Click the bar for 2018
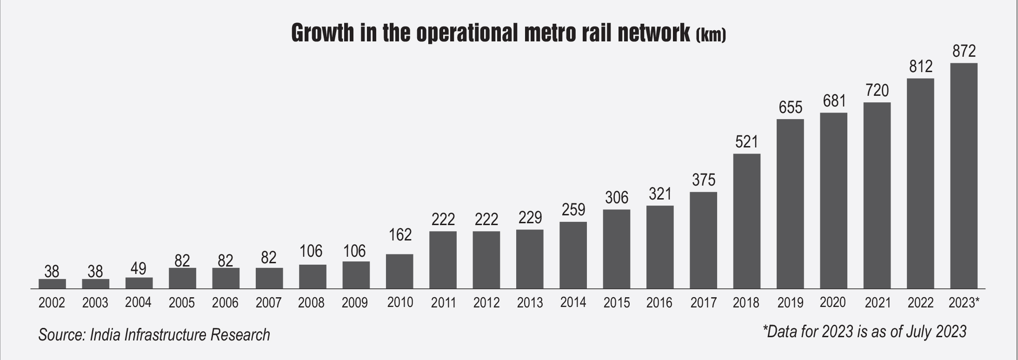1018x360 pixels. (x=746, y=221)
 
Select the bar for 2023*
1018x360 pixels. (x=964, y=176)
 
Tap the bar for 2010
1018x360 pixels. (x=399, y=272)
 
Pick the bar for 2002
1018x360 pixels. (x=52, y=284)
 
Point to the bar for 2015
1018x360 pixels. (x=616, y=249)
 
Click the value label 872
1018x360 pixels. (x=964, y=51)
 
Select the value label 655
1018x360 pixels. (x=791, y=107)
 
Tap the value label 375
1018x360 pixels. (x=703, y=180)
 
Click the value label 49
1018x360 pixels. (x=139, y=268)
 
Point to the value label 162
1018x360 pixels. (x=400, y=235)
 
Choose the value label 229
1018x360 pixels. (x=530, y=217)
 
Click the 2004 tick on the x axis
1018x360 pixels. (x=139, y=302)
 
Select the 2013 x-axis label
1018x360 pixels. (x=530, y=303)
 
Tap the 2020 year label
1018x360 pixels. (x=833, y=302)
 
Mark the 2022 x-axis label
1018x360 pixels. (x=920, y=303)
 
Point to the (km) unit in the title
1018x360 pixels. (x=711, y=36)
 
